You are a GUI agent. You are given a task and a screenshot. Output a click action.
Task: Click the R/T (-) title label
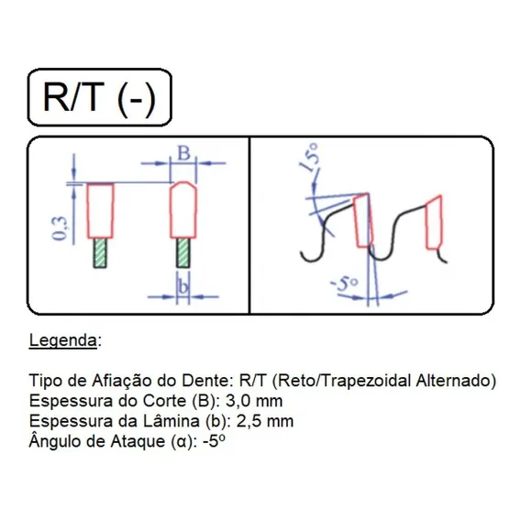coord(99,97)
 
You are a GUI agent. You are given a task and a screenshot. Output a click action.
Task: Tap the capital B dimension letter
coord(183,153)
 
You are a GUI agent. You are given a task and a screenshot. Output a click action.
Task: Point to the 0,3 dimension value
coord(60,227)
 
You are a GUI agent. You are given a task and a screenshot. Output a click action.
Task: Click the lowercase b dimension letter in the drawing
coord(183,286)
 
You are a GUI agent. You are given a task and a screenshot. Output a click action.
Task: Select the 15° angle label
coord(309,157)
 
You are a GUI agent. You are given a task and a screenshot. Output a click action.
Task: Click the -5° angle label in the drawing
coord(345,284)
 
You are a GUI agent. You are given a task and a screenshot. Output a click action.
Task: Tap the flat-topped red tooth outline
coord(100,211)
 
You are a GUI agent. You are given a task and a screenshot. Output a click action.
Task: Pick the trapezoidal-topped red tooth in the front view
coord(183,210)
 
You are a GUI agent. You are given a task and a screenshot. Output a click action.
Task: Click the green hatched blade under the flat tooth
coord(100,253)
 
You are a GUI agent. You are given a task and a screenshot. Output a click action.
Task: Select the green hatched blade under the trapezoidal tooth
coord(183,253)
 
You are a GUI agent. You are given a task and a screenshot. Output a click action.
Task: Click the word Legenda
coord(63,341)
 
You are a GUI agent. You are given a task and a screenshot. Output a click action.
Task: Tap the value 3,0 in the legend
coord(238,401)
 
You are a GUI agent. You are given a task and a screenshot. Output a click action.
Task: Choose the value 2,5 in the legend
coord(249,421)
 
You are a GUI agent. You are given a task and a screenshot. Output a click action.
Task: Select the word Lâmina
coord(172,421)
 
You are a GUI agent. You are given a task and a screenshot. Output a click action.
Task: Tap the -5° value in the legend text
coord(214,441)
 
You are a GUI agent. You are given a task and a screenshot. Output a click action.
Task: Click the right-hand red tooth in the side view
coord(434,222)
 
